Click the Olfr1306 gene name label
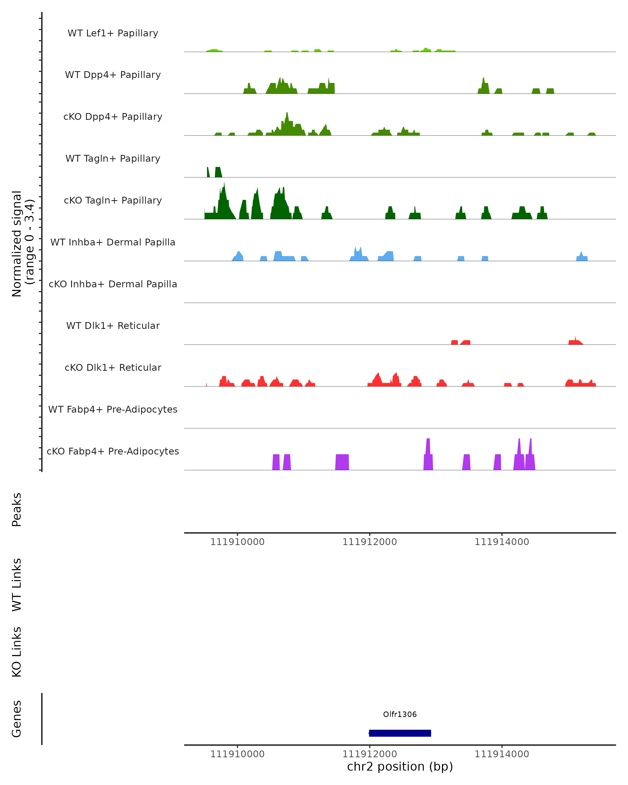(x=400, y=714)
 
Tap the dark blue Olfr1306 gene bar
(x=400, y=733)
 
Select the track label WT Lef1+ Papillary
(x=113, y=33)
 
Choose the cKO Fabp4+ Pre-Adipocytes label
(x=113, y=451)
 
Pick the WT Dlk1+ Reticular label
(x=113, y=326)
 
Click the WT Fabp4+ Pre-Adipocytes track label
(x=113, y=409)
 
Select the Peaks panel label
(x=17, y=509)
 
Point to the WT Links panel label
(x=17, y=585)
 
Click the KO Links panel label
(x=17, y=652)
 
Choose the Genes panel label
(x=17, y=719)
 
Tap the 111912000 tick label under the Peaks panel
(x=369, y=542)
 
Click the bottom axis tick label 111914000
(x=502, y=754)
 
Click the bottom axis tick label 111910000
(x=237, y=754)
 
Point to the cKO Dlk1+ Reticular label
(x=113, y=367)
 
